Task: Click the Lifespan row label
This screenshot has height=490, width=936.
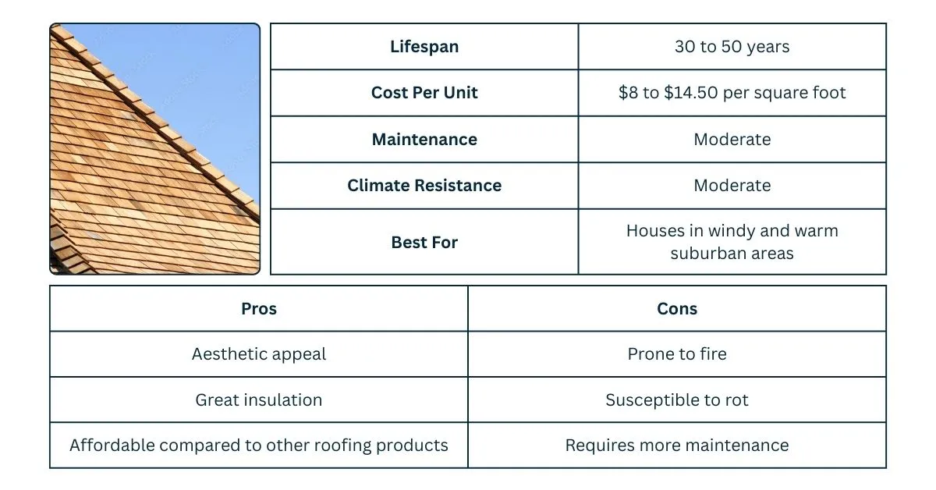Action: pyautogui.click(x=424, y=47)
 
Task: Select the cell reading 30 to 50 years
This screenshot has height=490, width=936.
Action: pyautogui.click(x=732, y=47)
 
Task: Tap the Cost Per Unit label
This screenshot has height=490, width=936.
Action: pyautogui.click(x=424, y=93)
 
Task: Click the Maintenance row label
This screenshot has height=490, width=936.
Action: pyautogui.click(x=424, y=140)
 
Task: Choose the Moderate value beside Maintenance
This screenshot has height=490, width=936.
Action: pyautogui.click(x=732, y=140)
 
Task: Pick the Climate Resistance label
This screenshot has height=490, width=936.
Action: pyautogui.click(x=424, y=186)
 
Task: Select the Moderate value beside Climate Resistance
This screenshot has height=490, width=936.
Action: pyautogui.click(x=732, y=186)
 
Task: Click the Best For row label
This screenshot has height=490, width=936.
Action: pyautogui.click(x=424, y=243)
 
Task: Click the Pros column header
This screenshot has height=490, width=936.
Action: pyautogui.click(x=259, y=309)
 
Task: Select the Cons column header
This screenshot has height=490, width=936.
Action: pyautogui.click(x=677, y=309)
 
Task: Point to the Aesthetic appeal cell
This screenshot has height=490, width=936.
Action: pyautogui.click(x=259, y=354)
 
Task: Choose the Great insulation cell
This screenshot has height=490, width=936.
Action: pyautogui.click(x=259, y=400)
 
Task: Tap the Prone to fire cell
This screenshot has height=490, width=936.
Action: pyautogui.click(x=677, y=354)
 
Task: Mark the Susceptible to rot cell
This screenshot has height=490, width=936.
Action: pyautogui.click(x=677, y=400)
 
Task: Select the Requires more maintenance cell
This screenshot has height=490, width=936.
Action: pyautogui.click(x=677, y=446)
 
